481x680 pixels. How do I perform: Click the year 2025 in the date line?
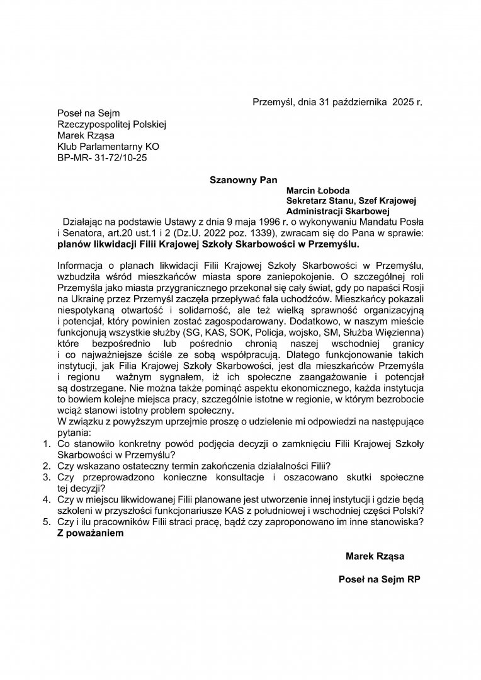click(x=402, y=101)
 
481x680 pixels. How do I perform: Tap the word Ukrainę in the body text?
click(x=91, y=297)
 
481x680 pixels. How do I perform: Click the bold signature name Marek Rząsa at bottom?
click(x=375, y=557)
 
